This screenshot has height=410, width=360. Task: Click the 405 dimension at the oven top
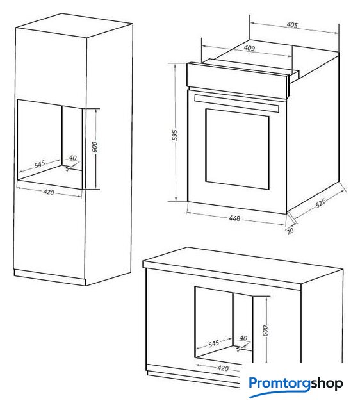(x=292, y=25)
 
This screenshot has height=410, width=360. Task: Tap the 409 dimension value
(x=249, y=48)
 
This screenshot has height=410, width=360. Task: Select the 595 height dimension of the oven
(x=175, y=135)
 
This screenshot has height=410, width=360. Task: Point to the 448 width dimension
(x=234, y=218)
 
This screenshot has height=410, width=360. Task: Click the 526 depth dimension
(x=320, y=202)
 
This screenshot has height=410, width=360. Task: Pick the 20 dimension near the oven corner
(x=290, y=231)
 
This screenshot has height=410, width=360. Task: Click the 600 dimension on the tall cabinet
(x=95, y=147)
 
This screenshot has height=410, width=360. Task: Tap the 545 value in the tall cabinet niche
(x=40, y=165)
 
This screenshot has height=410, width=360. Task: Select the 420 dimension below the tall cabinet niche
(x=49, y=192)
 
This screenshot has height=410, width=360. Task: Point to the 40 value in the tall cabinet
(x=72, y=158)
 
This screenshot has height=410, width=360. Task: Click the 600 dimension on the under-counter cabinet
(x=265, y=331)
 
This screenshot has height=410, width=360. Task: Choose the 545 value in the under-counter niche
(x=213, y=343)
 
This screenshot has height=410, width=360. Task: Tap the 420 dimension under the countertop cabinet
(x=223, y=368)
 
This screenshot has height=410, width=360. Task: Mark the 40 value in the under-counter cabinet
(x=243, y=338)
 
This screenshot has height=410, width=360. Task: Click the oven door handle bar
(x=237, y=103)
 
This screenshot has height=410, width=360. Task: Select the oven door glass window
(x=237, y=149)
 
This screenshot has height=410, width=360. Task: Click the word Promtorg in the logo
(x=279, y=384)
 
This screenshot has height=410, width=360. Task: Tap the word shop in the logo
(x=327, y=384)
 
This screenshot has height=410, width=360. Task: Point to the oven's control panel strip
(x=238, y=79)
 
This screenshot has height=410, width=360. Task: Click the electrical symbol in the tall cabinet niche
(x=69, y=168)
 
